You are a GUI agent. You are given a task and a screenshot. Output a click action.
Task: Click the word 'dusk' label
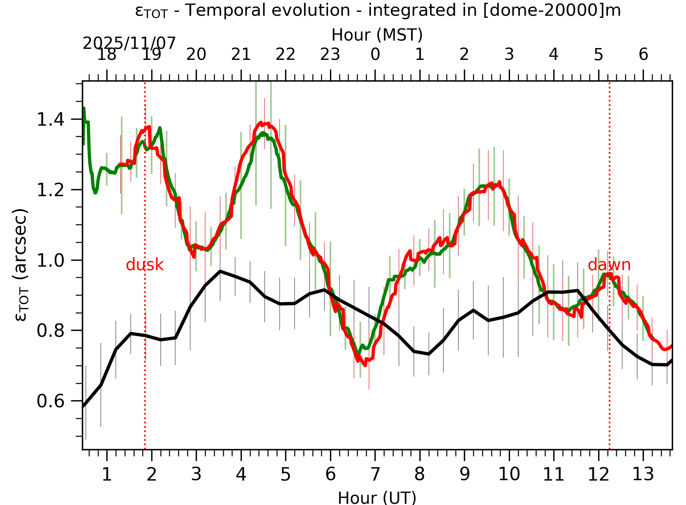point(145,265)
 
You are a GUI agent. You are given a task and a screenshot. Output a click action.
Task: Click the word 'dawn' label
point(609,265)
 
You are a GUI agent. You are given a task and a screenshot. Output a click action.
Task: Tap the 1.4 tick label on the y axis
point(50,119)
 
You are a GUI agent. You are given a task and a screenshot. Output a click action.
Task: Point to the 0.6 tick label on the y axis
point(50,401)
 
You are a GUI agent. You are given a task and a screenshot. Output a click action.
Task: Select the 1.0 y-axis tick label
point(50,260)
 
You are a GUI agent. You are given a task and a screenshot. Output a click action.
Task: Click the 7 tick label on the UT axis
point(375,474)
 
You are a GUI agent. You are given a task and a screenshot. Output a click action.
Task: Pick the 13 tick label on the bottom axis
point(643,474)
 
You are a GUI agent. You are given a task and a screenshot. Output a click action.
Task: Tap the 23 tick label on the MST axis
point(330,54)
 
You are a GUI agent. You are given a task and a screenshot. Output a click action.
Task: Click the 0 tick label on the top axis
point(375,54)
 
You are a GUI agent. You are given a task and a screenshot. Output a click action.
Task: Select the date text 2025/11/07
point(129,43)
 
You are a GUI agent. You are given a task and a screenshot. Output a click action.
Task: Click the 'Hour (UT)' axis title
point(377,498)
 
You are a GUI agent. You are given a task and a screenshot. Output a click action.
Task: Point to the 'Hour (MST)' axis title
point(377,35)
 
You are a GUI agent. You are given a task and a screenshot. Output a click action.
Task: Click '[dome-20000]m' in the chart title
point(551,10)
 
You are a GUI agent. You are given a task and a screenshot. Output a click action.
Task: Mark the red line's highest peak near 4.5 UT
point(260,123)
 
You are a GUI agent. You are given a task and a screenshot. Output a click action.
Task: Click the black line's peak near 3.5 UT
point(220,271)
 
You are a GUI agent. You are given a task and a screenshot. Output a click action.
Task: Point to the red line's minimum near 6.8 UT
point(365,365)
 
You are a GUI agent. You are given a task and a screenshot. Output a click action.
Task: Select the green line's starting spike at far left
point(84,108)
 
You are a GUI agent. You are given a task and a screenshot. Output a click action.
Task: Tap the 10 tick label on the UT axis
point(509,474)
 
